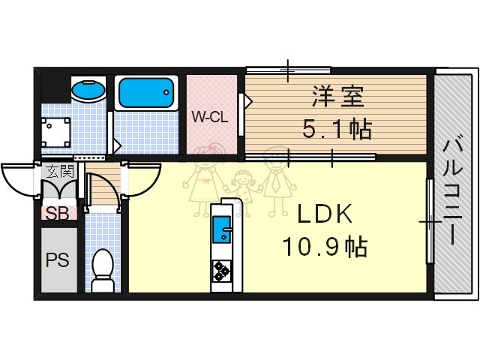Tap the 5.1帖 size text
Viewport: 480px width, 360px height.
tap(337, 130)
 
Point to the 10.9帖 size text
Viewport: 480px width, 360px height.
tap(324, 245)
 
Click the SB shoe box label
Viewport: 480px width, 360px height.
tap(58, 213)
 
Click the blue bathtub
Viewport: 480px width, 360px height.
tap(146, 94)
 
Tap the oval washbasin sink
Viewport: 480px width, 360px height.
tap(89, 90)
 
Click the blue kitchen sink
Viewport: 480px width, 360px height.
tap(222, 229)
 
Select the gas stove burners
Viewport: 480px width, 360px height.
tap(222, 270)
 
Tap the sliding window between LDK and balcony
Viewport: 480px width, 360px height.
tap(430, 221)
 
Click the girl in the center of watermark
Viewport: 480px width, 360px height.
tap(241, 187)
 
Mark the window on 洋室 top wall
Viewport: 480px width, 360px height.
tap(289, 70)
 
